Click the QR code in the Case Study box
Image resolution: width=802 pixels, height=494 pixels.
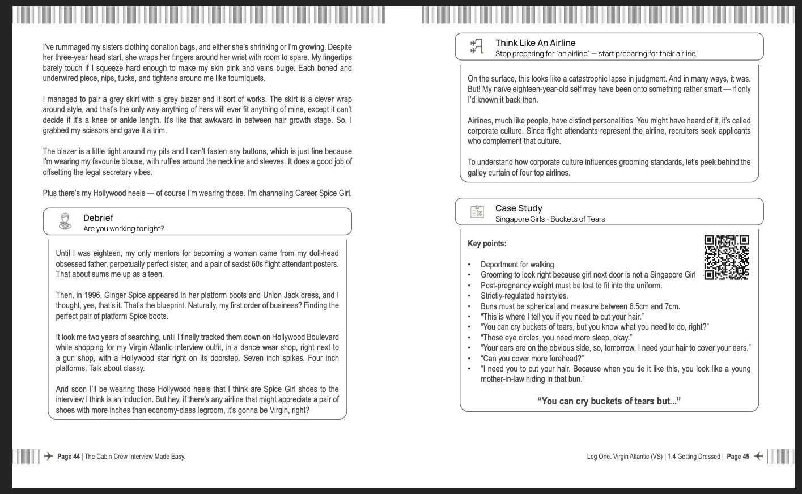[x=726, y=257]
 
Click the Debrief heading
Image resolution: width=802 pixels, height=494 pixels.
[x=98, y=218]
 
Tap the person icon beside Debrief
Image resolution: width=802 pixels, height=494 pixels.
[x=65, y=222]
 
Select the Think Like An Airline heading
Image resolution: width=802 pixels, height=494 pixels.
[x=535, y=42]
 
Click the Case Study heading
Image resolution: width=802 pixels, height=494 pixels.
[x=519, y=208]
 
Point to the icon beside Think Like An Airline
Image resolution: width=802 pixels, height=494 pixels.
[x=476, y=46]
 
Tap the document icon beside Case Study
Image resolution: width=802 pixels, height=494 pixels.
[x=477, y=212]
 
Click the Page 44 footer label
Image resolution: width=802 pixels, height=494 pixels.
[x=69, y=457]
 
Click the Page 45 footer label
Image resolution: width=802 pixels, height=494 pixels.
[x=738, y=457]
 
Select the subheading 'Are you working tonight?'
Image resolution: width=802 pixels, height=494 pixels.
[x=124, y=229]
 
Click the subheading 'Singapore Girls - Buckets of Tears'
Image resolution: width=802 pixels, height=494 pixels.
[x=550, y=219]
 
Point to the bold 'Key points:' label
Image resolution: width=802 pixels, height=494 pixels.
[x=487, y=244]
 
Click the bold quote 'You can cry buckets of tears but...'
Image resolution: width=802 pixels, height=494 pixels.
[x=609, y=401]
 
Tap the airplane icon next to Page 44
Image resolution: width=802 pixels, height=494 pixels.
[x=49, y=456]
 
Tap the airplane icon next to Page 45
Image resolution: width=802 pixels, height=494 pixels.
[x=758, y=456]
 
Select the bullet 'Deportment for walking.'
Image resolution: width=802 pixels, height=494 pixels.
[x=518, y=265]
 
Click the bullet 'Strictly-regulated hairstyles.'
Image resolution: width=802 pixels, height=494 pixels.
[x=524, y=296]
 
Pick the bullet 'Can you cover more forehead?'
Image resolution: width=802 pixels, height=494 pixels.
[x=532, y=358]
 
